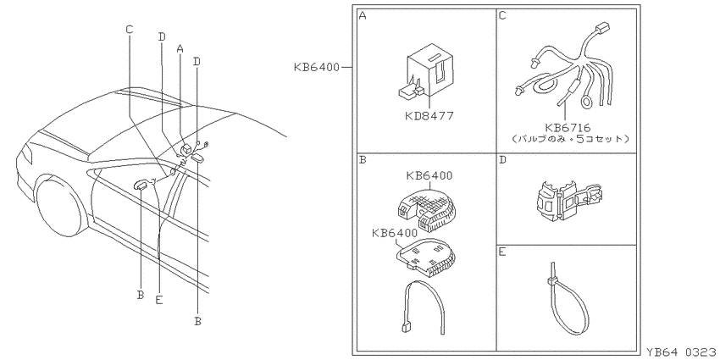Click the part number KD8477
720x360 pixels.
pos(429,116)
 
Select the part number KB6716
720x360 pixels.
pos(568,128)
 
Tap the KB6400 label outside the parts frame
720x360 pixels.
pos(317,68)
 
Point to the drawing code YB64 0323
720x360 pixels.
pos(681,352)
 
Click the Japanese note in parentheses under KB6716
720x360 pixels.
pos(569,138)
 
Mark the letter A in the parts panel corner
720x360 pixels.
pos(363,16)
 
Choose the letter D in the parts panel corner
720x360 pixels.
pos(502,161)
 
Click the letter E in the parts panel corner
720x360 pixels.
pos(502,252)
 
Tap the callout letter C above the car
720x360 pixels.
pos(130,30)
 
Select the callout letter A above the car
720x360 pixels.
pos(180,47)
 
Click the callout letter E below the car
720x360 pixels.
pos(159,300)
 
